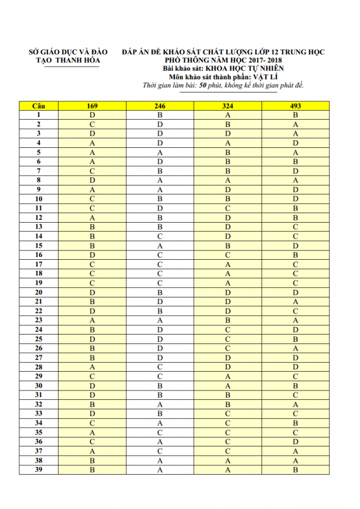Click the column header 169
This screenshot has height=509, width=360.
(92, 105)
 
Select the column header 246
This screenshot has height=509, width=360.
(160, 105)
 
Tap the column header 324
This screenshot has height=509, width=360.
(228, 105)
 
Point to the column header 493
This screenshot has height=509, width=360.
(295, 105)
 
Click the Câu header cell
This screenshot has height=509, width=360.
(39, 105)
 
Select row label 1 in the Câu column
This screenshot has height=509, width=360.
(39, 115)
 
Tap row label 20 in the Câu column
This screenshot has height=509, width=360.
(39, 292)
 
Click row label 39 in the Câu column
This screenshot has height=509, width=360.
(39, 470)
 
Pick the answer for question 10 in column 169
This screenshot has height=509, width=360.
(92, 199)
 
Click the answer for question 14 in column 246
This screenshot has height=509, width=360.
(160, 236)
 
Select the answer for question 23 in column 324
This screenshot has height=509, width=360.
(228, 320)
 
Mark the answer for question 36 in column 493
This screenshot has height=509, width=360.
(295, 441)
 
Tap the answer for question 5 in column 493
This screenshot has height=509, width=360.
(295, 152)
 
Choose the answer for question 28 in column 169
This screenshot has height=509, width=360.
(92, 367)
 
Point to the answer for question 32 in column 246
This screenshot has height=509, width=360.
(160, 404)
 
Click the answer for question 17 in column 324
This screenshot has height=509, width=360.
(228, 264)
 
